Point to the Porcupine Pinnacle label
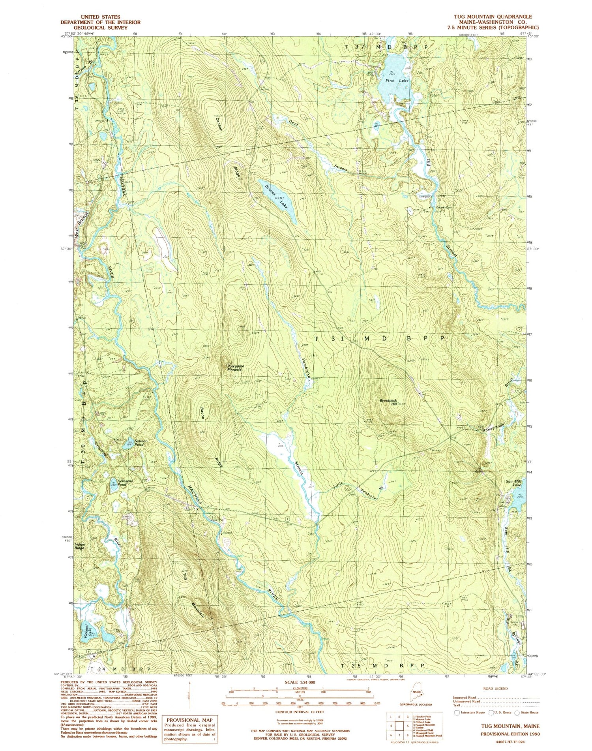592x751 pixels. click(x=236, y=368)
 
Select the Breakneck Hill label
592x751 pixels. click(x=388, y=402)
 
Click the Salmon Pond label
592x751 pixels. click(x=141, y=443)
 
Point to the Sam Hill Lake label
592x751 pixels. click(x=517, y=483)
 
